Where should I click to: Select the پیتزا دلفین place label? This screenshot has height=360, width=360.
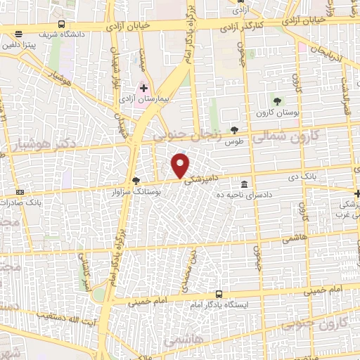point(39,45)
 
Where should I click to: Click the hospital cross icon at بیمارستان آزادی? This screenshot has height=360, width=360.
point(144,88)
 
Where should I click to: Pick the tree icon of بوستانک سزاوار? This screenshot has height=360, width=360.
point(135,181)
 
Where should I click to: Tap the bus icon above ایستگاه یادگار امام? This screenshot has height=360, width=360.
point(219,295)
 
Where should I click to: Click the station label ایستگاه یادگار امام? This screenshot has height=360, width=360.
point(219,306)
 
